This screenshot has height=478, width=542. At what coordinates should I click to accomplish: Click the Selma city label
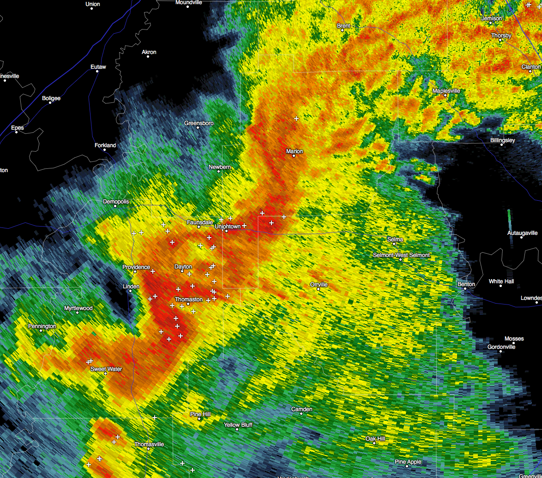pos(395,239)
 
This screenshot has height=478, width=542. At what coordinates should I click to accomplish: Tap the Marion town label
pos(295,151)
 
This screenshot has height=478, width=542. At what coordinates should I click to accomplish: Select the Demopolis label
pos(116,202)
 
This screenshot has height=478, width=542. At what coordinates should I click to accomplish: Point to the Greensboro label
pos(199,123)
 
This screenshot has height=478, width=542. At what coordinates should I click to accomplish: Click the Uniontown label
pos(228,227)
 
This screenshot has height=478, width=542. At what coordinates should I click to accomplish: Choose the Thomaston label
pos(188,299)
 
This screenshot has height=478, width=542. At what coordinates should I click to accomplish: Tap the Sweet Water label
pos(106,369)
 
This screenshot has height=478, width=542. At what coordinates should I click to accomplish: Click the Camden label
pos(302,409)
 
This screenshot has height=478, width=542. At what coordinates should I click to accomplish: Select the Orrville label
pos(319,285)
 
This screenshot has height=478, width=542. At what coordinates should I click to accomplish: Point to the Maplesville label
pos(446,91)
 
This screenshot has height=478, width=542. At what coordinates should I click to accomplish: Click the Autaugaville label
pos(523,233)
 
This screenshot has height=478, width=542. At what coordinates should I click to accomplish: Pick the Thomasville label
pos(149,444)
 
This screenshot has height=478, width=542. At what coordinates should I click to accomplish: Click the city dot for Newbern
pos(219,172)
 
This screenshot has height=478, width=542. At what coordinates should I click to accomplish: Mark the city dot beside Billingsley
pos(502,145)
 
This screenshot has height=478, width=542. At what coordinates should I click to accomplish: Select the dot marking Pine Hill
pos(199,418)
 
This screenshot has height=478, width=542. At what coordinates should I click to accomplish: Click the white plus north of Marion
pos(296,119)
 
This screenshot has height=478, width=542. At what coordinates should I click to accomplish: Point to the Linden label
pos(131,287)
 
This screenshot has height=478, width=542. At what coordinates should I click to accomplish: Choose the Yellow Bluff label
pos(238,425)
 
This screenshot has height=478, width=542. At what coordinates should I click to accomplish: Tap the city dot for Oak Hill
pos(374,443)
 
